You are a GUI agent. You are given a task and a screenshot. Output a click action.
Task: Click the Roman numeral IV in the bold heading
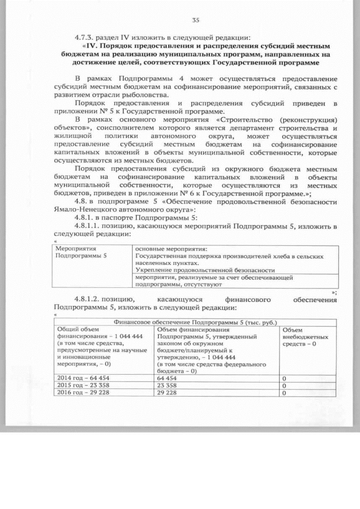(x=92, y=46)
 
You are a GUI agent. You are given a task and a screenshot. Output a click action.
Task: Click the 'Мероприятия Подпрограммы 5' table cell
(x=82, y=251)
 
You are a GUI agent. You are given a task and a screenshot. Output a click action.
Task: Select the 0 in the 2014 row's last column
(x=285, y=379)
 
